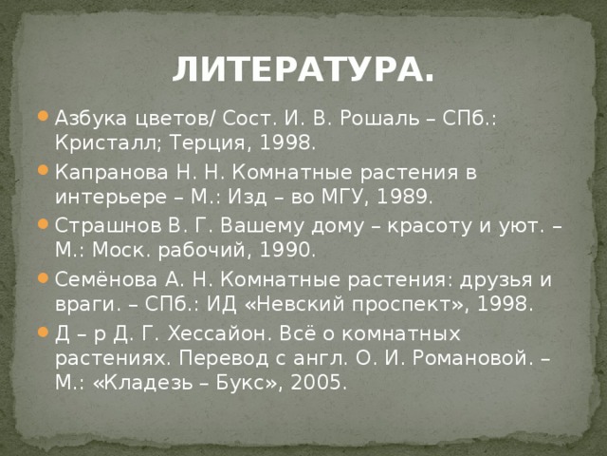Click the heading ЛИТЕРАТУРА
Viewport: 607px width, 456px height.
[303, 69]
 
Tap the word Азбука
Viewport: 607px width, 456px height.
[91, 118]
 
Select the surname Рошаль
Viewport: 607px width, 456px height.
[379, 118]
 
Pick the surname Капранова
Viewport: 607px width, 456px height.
[112, 173]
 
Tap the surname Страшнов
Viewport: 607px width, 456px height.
[108, 226]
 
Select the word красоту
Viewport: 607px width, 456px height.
[430, 226]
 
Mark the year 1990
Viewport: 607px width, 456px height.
[287, 250]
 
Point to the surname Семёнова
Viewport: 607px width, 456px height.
[106, 279]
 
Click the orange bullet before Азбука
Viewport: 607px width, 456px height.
[43, 116]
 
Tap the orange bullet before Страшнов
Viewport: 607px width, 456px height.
[43, 223]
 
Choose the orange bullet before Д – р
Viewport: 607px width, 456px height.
[43, 332]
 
